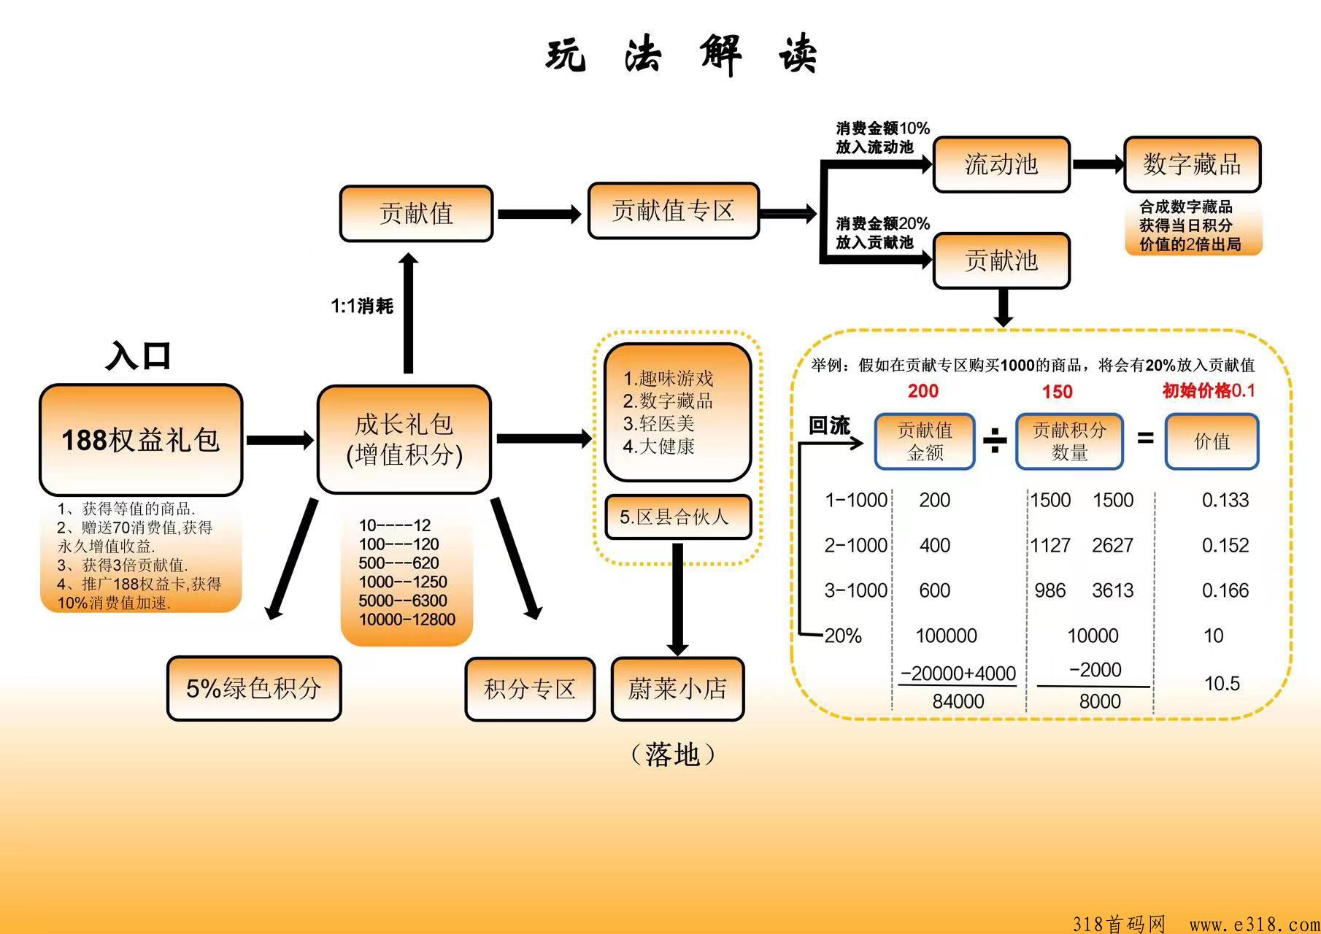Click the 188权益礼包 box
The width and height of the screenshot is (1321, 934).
pos(141,440)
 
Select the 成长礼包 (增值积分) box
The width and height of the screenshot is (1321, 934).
pos(404,439)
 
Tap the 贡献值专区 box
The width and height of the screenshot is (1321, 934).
pos(673,211)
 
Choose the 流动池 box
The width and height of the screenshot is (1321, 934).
pos(1001,164)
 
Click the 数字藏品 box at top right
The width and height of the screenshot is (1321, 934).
pos(1192,164)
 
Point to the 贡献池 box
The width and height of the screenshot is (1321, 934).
pos(1001,260)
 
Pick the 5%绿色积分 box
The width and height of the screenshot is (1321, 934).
pos(254,688)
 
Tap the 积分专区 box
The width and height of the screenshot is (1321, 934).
pos(530,689)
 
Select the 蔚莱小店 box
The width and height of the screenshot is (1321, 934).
pos(677,689)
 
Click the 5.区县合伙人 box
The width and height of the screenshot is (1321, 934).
pos(677,517)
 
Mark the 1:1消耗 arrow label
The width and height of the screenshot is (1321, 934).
pos(362,306)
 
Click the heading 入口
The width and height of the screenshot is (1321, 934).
pos(139,356)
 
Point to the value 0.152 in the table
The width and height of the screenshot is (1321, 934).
pos(1225,545)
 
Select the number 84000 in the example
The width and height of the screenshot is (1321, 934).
pos(958,701)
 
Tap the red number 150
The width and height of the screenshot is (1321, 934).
pos(1057,392)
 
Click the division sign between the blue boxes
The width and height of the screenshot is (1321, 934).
pos(995,440)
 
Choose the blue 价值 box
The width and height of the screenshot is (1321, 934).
pos(1212,441)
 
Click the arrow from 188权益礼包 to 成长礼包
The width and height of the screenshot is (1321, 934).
pos(280,440)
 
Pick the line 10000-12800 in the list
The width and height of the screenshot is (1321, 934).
pos(407,620)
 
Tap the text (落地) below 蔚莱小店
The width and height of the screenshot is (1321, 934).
pos(672,754)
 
